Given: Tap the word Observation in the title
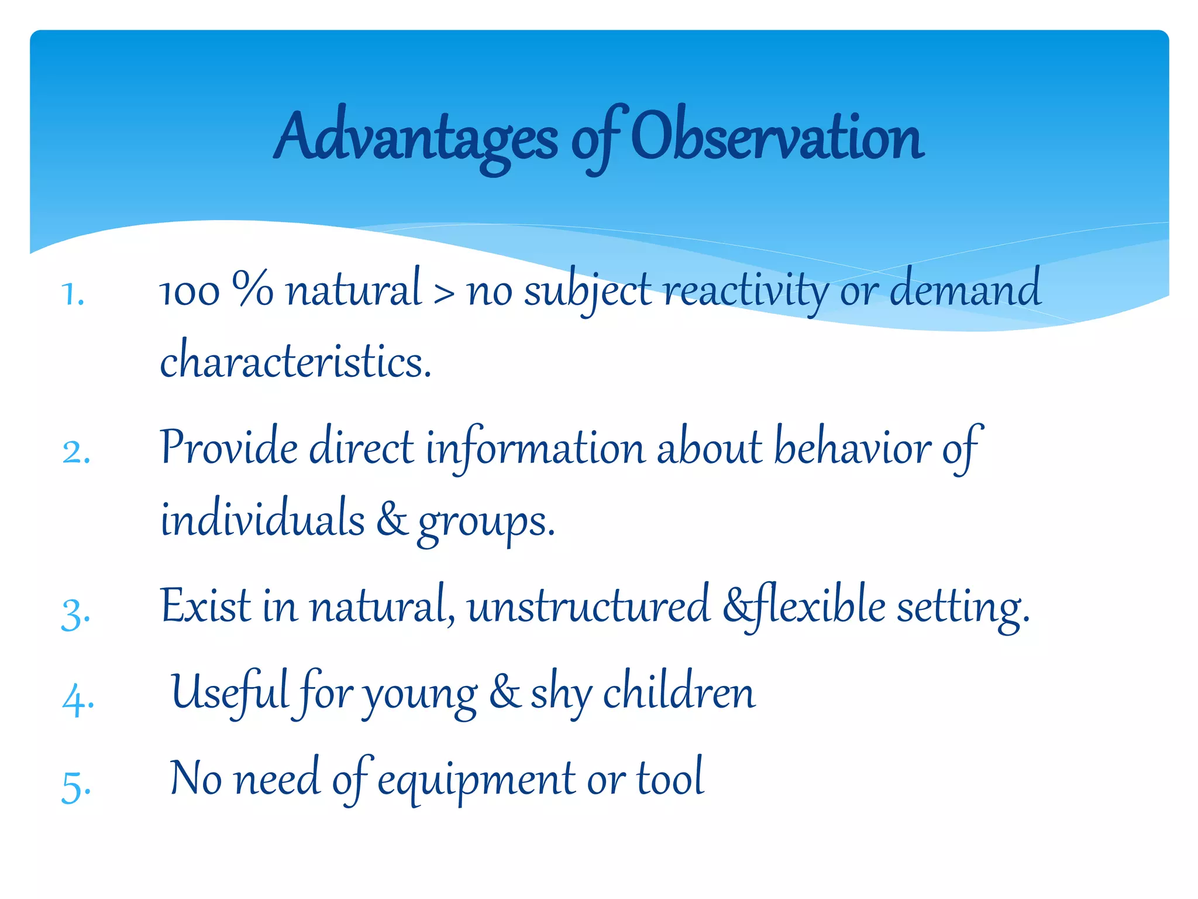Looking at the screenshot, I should tap(778, 138).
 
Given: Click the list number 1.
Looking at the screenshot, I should tap(73, 294).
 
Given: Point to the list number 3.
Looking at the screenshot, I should tap(75, 614).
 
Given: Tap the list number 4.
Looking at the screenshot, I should tap(77, 700).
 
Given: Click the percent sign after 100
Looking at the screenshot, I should tap(252, 289).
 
